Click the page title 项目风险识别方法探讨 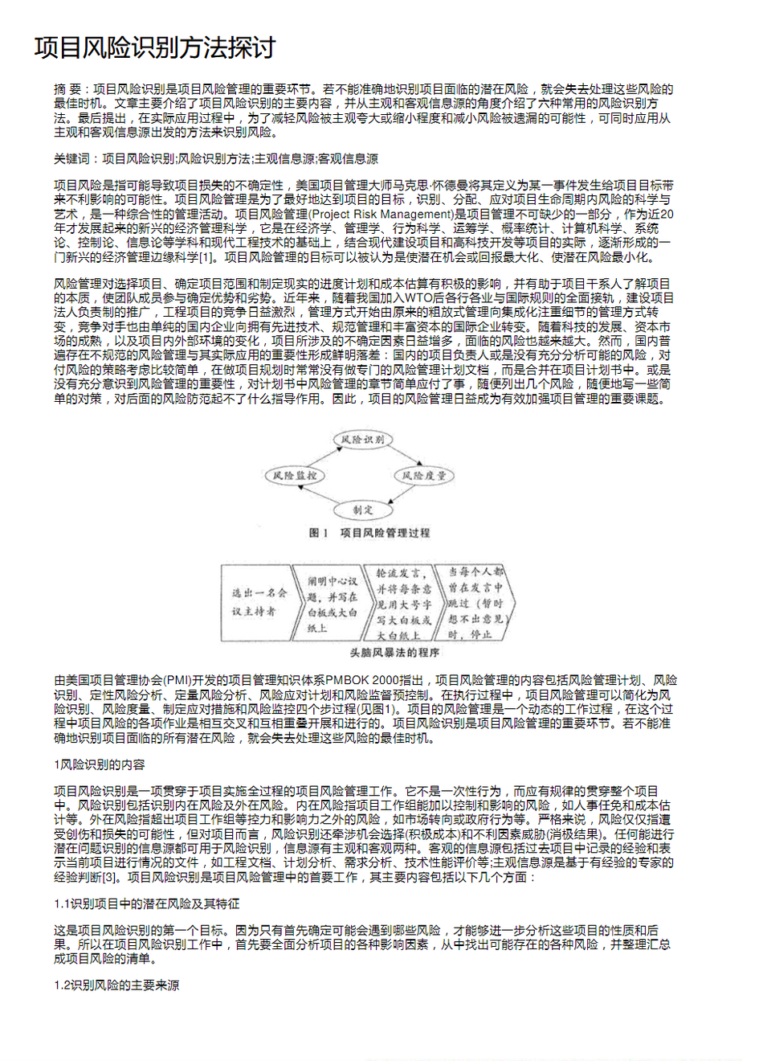click(x=154, y=47)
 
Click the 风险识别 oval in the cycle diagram click(x=362, y=440)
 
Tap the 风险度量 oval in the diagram click(x=423, y=476)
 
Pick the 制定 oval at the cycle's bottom click(x=362, y=510)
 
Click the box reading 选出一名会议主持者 click(x=259, y=602)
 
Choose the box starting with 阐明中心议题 click(x=332, y=603)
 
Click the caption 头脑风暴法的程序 click(x=394, y=653)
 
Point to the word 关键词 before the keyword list click(x=71, y=159)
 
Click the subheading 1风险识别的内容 click(x=100, y=764)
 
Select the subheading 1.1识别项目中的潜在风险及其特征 click(x=146, y=904)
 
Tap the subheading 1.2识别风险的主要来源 click(x=116, y=985)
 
